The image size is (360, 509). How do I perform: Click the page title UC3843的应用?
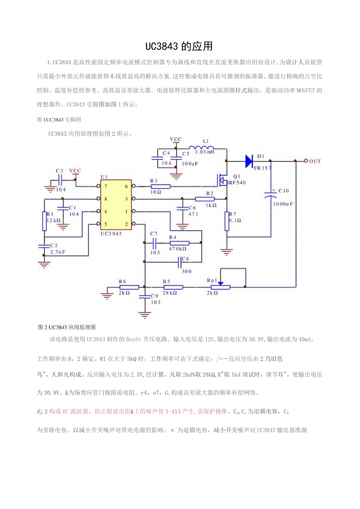pos(179,46)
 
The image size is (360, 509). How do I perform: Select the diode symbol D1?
pos(250,161)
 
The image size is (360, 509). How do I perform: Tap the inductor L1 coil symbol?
pos(202,147)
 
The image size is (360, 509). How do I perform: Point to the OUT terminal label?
pos(315,161)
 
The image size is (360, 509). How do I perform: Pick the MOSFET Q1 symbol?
pos(222,180)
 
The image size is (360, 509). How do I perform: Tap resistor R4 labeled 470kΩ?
pos(180,243)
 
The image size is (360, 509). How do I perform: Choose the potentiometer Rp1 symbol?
pos(220,287)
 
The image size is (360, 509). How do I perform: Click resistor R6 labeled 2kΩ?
pos(129,287)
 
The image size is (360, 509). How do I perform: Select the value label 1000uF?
pos(283,204)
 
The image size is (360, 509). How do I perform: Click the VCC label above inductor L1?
pos(176,139)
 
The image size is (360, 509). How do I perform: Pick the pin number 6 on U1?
pos(126,187)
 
